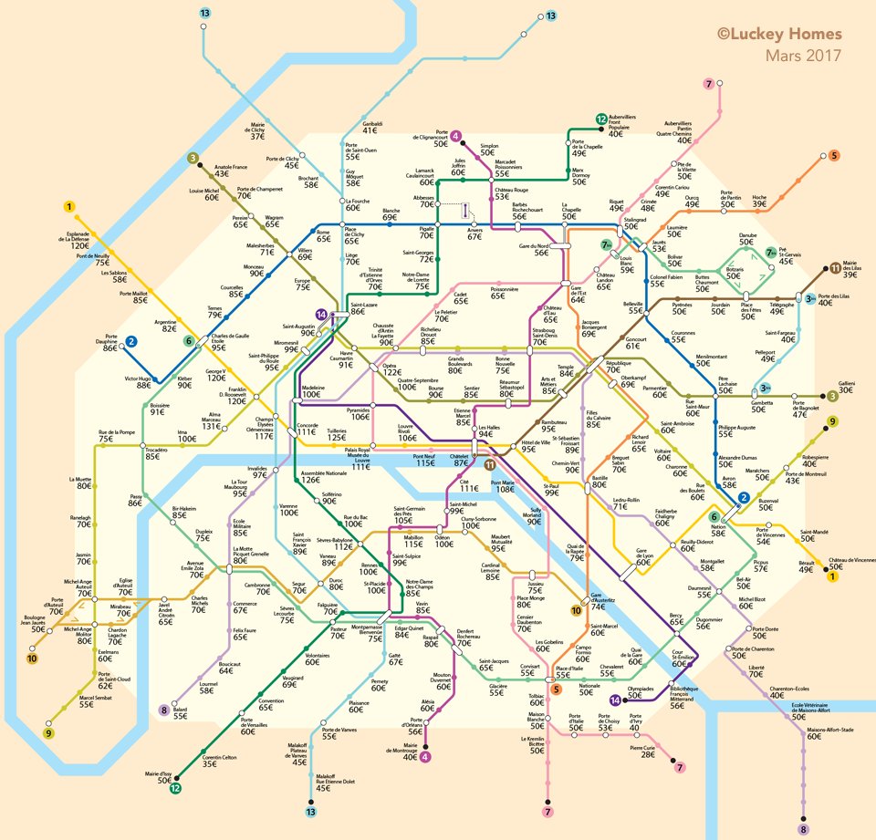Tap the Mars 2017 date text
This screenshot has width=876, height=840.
point(804,56)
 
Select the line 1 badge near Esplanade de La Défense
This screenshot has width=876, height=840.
point(69,207)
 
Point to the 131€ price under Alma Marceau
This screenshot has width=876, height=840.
point(212,426)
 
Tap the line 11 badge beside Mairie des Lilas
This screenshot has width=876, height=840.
point(836,268)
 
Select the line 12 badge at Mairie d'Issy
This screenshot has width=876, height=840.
point(175,789)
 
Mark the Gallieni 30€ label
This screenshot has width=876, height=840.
point(846,387)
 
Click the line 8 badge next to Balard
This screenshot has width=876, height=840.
point(164,710)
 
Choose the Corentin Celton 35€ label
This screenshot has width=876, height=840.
point(219,761)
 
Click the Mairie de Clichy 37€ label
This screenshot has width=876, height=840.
point(257,131)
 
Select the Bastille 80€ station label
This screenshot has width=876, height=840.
point(600,481)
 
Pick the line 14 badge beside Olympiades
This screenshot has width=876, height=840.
point(615,700)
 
